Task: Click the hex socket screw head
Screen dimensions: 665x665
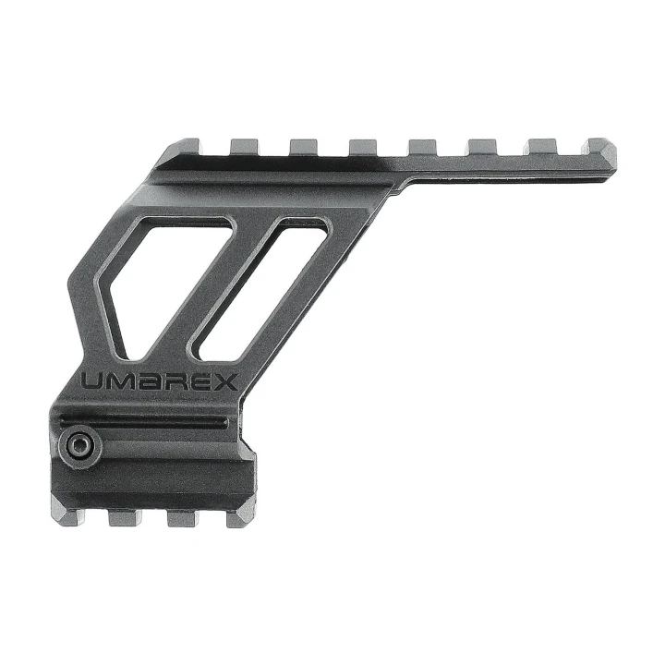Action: [x=80, y=447]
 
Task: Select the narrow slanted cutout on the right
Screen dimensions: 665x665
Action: [x=258, y=289]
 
